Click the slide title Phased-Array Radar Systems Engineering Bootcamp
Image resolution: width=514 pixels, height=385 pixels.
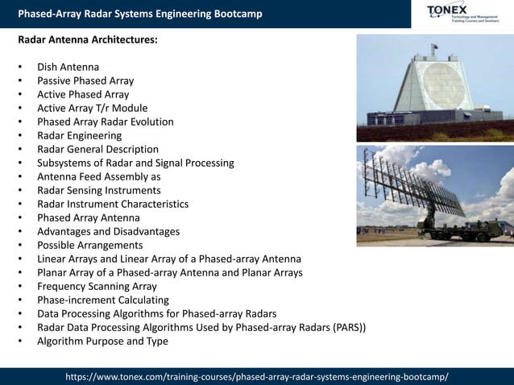tap(140, 14)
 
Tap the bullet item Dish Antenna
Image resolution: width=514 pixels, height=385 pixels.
tap(68, 67)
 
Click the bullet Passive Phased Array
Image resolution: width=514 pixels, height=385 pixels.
tap(85, 81)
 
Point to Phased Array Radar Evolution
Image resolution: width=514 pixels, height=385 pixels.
tap(105, 122)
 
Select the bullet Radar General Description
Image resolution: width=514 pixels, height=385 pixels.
tap(97, 149)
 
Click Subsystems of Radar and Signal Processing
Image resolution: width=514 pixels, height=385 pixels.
tap(135, 163)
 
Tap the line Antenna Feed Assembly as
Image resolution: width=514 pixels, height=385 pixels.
tap(99, 176)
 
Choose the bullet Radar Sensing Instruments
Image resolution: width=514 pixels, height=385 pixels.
tap(98, 190)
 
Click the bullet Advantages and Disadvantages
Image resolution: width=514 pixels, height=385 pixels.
tap(108, 231)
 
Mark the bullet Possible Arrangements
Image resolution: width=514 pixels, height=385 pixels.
tap(89, 245)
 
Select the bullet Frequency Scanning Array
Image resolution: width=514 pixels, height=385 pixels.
tap(97, 286)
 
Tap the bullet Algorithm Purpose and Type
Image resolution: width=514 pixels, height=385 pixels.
tap(102, 341)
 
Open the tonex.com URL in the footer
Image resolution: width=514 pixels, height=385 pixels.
tap(256, 376)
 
